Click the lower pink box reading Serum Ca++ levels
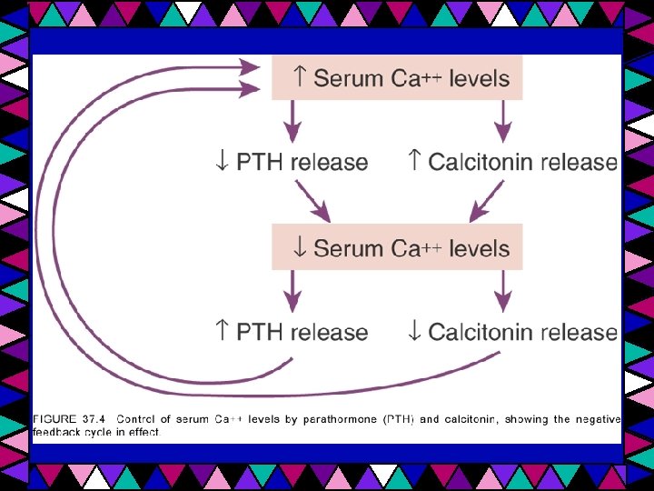click(x=398, y=247)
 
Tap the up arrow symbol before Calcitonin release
click(x=414, y=162)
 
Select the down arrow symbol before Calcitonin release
click(x=414, y=332)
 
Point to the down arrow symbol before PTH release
click(x=221, y=162)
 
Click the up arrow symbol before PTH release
click(x=221, y=332)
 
